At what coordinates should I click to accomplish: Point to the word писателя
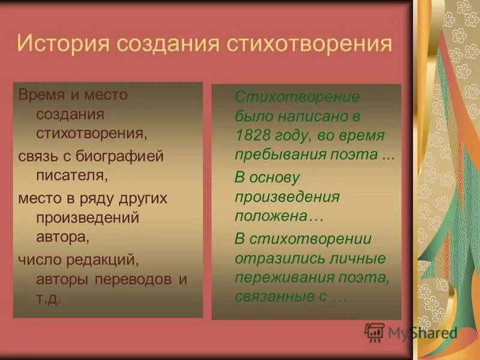72,176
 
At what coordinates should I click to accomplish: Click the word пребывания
276,154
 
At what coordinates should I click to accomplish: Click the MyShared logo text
422,333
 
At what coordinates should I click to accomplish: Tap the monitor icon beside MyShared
374,332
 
